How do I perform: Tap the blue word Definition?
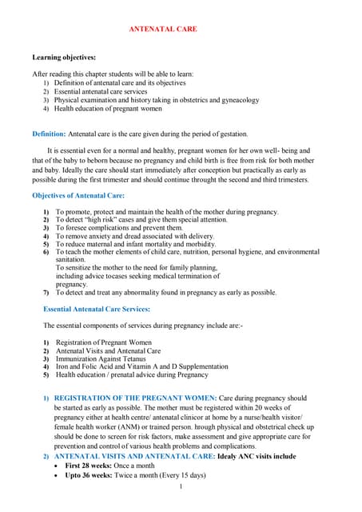(50, 133)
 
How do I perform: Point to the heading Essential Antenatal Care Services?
(97, 308)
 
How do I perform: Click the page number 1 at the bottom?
(181, 486)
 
